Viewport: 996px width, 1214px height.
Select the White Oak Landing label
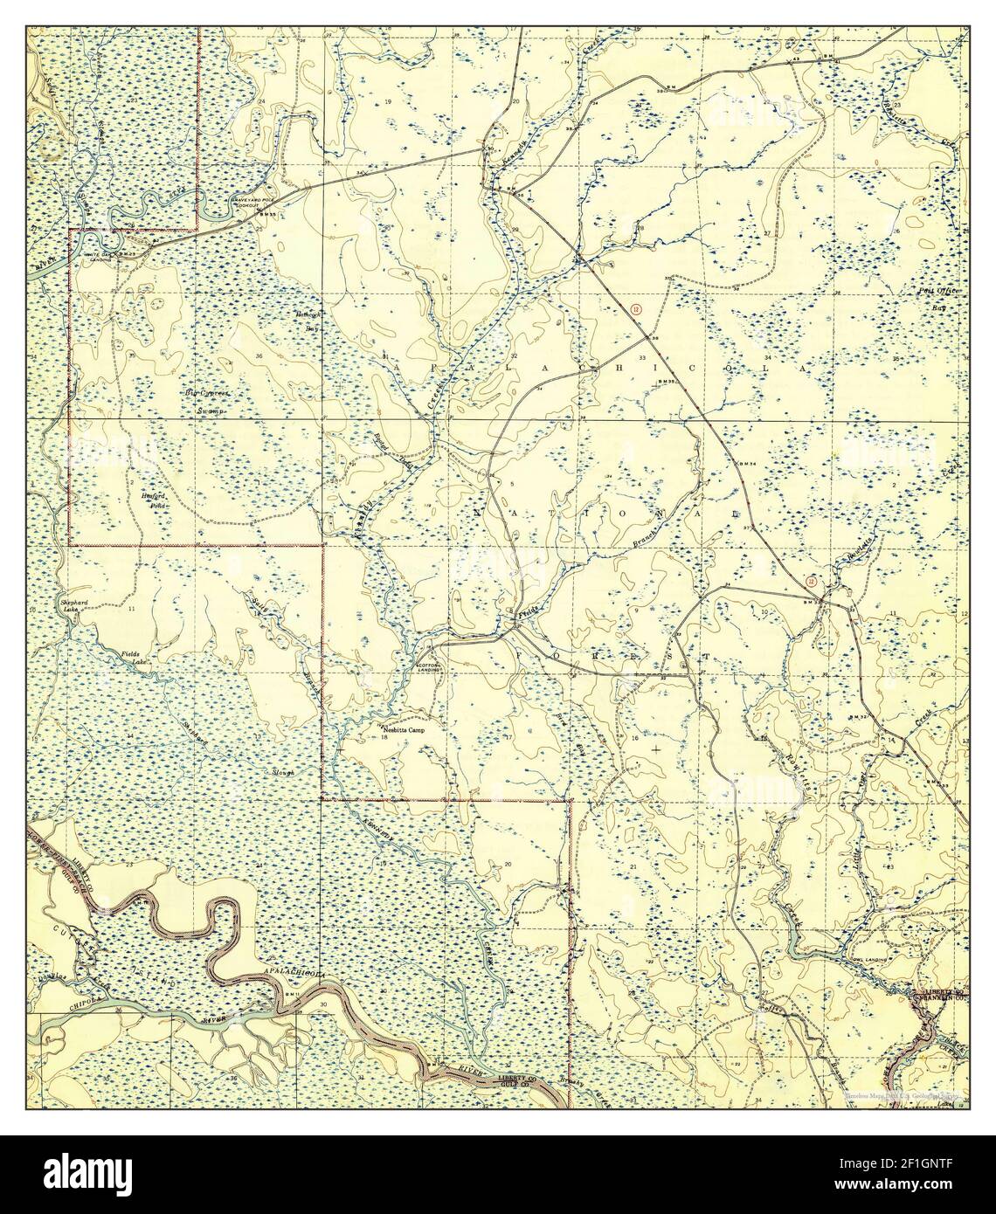[104, 255]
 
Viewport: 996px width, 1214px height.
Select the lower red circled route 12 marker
[812, 581]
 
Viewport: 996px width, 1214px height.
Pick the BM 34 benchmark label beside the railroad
[745, 464]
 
